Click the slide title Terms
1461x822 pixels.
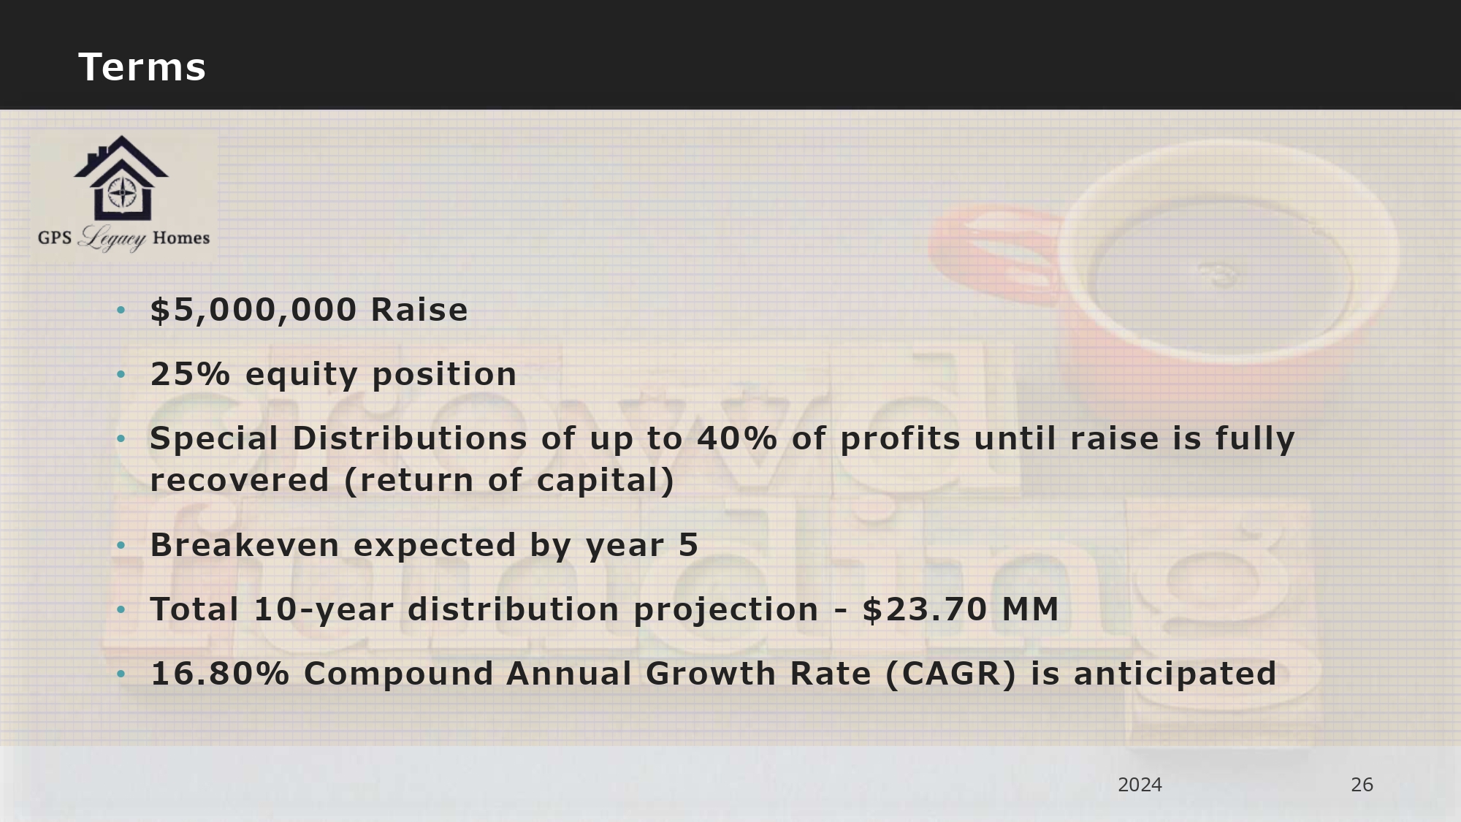tap(142, 67)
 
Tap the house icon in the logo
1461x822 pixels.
tap(121, 178)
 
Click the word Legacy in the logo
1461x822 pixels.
tap(112, 238)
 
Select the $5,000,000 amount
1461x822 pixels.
tap(253, 311)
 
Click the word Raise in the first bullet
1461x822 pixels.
tap(419, 310)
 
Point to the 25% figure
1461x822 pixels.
tap(190, 374)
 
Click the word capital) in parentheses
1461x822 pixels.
tap(606, 481)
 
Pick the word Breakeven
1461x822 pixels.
tap(245, 545)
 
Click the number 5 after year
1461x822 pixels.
tap(689, 545)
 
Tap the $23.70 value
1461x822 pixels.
tap(925, 609)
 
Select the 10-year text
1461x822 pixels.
tap(324, 610)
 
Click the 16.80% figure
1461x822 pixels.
tap(220, 674)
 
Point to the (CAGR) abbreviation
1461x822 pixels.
tap(950, 674)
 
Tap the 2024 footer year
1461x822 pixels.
tap(1140, 785)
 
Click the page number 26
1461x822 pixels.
tap(1362, 785)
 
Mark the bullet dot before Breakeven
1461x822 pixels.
tap(121, 546)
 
